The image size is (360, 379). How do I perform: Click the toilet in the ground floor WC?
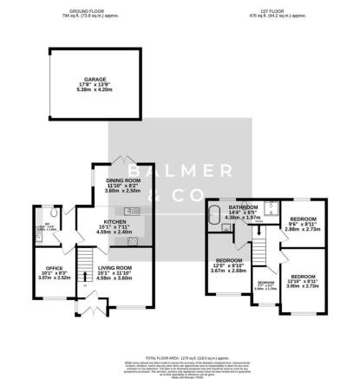click(54, 212)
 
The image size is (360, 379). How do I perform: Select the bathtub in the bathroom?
click(214, 221)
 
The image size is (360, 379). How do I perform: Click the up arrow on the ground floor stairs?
click(85, 276)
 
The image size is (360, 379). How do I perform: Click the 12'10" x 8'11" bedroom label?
click(308, 282)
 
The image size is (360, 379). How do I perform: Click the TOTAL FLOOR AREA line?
click(180, 356)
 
